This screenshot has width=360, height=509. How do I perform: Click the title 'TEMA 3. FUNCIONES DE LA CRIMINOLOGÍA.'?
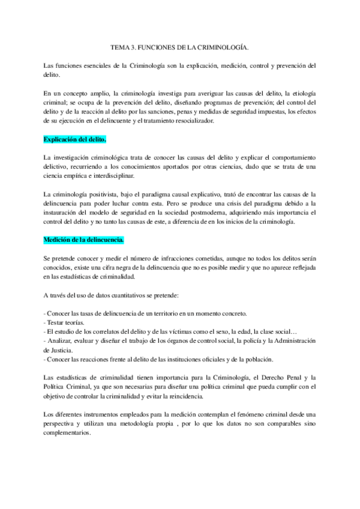coord(179,46)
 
